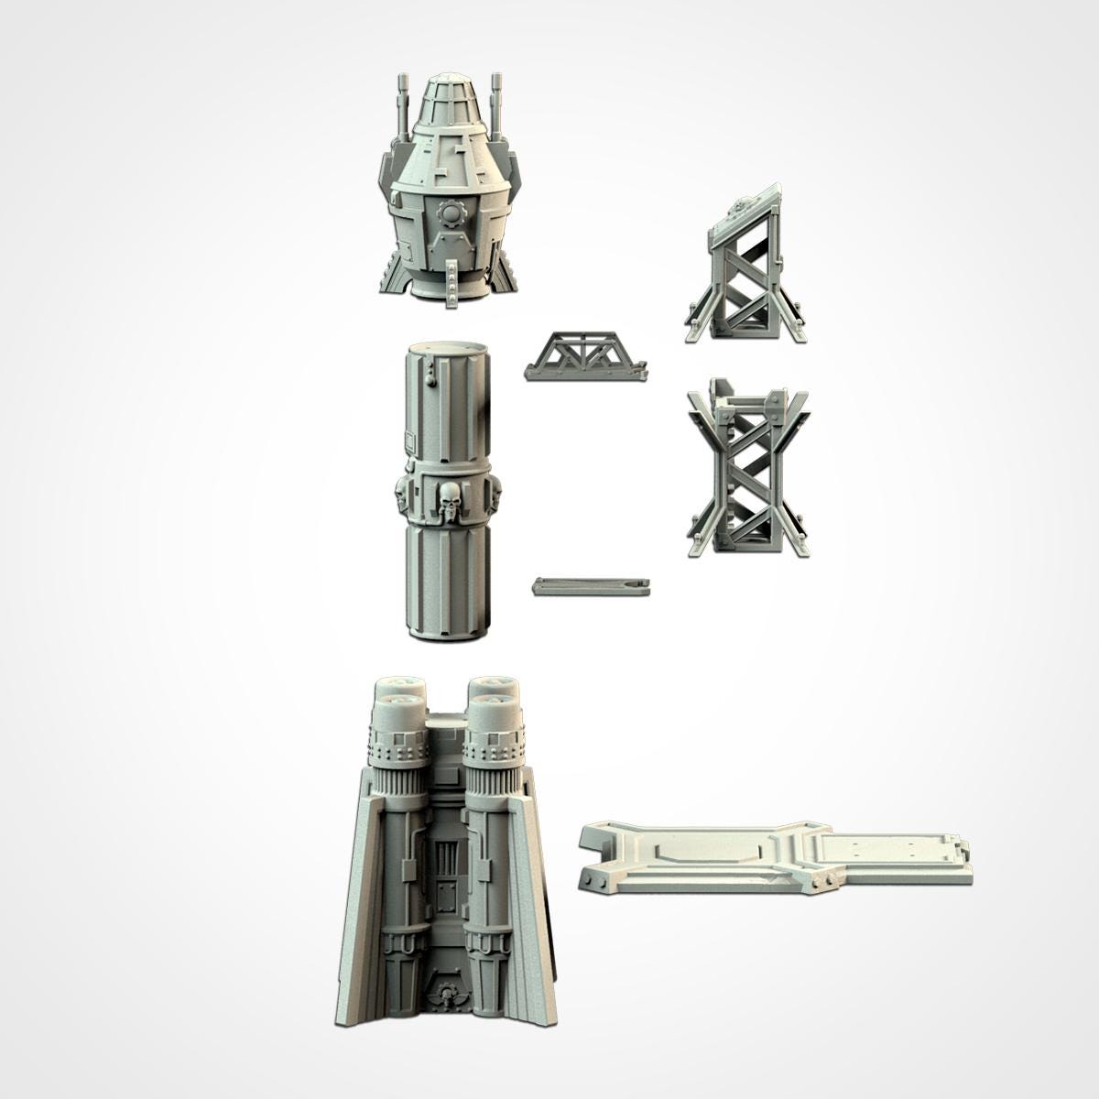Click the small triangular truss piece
pyautogui.click(x=585, y=356)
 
